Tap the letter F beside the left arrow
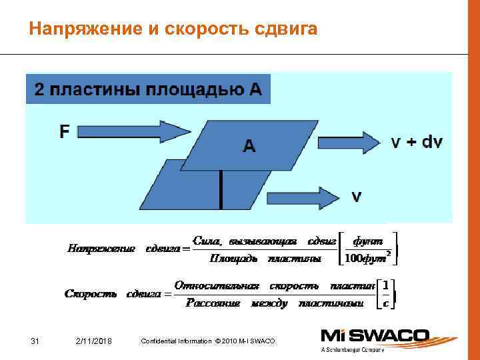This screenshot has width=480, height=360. click(x=64, y=132)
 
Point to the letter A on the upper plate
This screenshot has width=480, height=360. click(x=249, y=146)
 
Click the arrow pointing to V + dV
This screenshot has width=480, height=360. click(x=347, y=142)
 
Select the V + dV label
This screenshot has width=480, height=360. click(x=416, y=142)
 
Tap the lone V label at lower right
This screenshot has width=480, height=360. click(x=357, y=197)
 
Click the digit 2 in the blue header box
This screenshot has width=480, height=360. click(x=39, y=91)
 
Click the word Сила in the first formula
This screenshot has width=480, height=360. click(x=205, y=240)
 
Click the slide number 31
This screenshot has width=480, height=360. click(x=36, y=342)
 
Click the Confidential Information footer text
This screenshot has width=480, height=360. click(x=207, y=342)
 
